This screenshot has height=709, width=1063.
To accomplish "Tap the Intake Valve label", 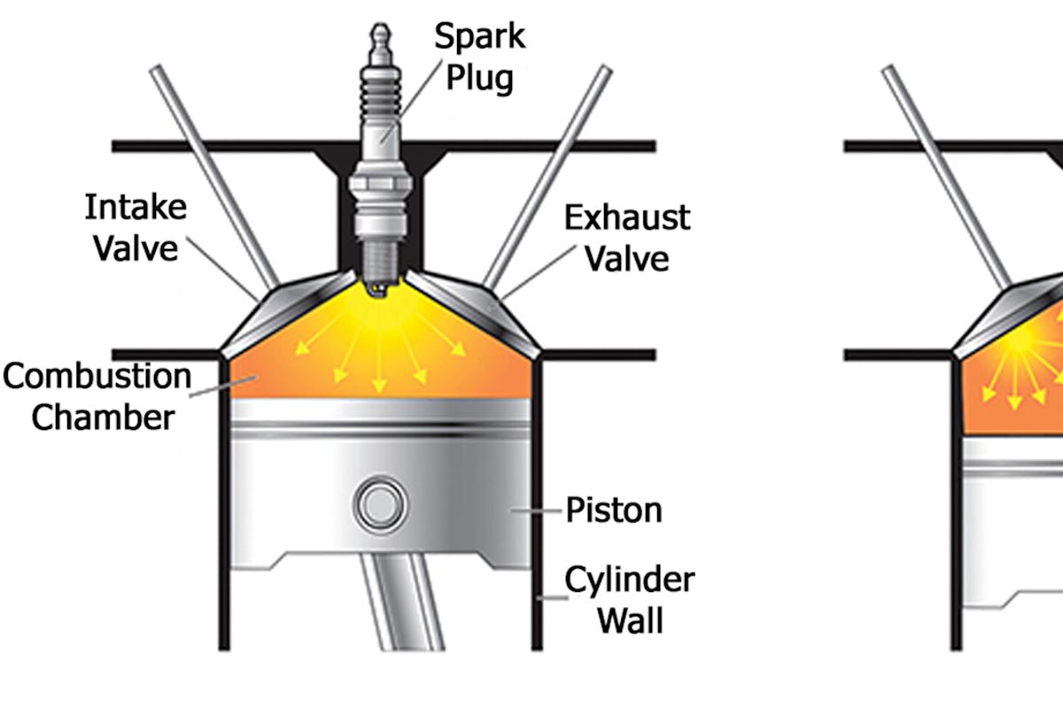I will click(x=136, y=228).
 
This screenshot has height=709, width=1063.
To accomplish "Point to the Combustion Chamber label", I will click(x=97, y=396).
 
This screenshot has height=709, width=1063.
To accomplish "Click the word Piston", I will click(x=614, y=510).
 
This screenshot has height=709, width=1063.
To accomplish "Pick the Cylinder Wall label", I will click(x=630, y=600).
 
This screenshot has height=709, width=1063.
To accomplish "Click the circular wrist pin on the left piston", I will click(x=378, y=505).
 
